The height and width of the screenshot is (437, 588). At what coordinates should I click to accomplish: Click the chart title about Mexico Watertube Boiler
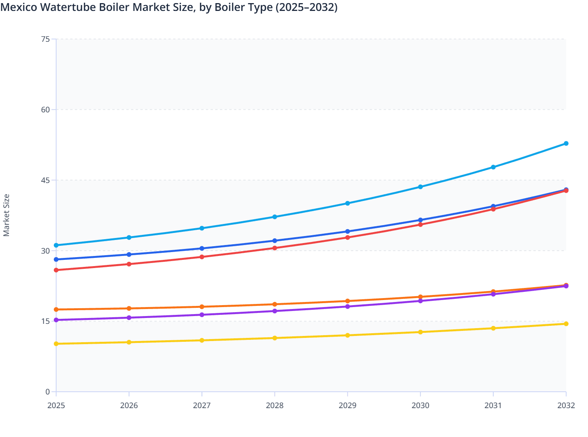[x=169, y=7]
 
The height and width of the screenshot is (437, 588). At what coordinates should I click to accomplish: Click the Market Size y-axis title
[x=6, y=215]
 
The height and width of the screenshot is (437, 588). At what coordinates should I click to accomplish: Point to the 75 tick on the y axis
[x=46, y=39]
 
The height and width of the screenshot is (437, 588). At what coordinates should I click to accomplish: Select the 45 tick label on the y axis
[x=46, y=180]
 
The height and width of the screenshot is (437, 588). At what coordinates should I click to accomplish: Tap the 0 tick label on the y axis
[x=48, y=392]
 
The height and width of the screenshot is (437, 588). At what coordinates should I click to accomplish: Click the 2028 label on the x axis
[x=275, y=405]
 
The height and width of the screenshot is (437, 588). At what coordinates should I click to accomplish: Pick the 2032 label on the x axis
[x=566, y=405]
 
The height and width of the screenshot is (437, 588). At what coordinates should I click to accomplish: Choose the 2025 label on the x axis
[x=56, y=405]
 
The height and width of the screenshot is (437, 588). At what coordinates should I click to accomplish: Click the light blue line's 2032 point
[x=566, y=144]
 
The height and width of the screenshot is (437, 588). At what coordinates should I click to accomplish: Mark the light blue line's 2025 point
[x=56, y=245]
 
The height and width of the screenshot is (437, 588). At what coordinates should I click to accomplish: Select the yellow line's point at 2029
[x=347, y=335]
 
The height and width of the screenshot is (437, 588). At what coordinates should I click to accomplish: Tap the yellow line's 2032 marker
[x=566, y=324]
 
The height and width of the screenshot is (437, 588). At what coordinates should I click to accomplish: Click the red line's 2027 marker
[x=202, y=257]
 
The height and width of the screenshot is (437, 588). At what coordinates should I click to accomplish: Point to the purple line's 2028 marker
[x=275, y=311]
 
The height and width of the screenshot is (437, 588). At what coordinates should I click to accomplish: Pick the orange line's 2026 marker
[x=129, y=308]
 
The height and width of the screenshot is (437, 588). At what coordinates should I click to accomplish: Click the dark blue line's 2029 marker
[x=347, y=231]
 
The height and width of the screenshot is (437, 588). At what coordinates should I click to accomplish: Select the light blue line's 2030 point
[x=420, y=187]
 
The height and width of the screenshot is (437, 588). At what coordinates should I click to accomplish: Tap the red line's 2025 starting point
[x=56, y=270]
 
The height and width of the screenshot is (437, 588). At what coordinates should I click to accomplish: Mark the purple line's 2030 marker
[x=420, y=301]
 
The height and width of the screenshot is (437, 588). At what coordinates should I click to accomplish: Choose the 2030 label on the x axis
[x=420, y=405]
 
